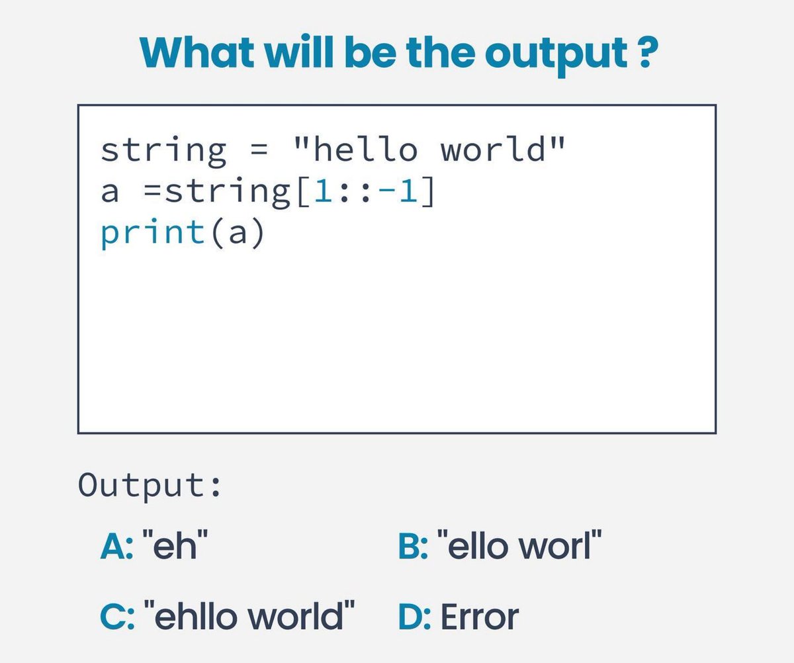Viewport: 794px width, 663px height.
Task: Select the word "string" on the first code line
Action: [163, 151]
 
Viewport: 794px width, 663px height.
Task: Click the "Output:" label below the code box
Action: [149, 486]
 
